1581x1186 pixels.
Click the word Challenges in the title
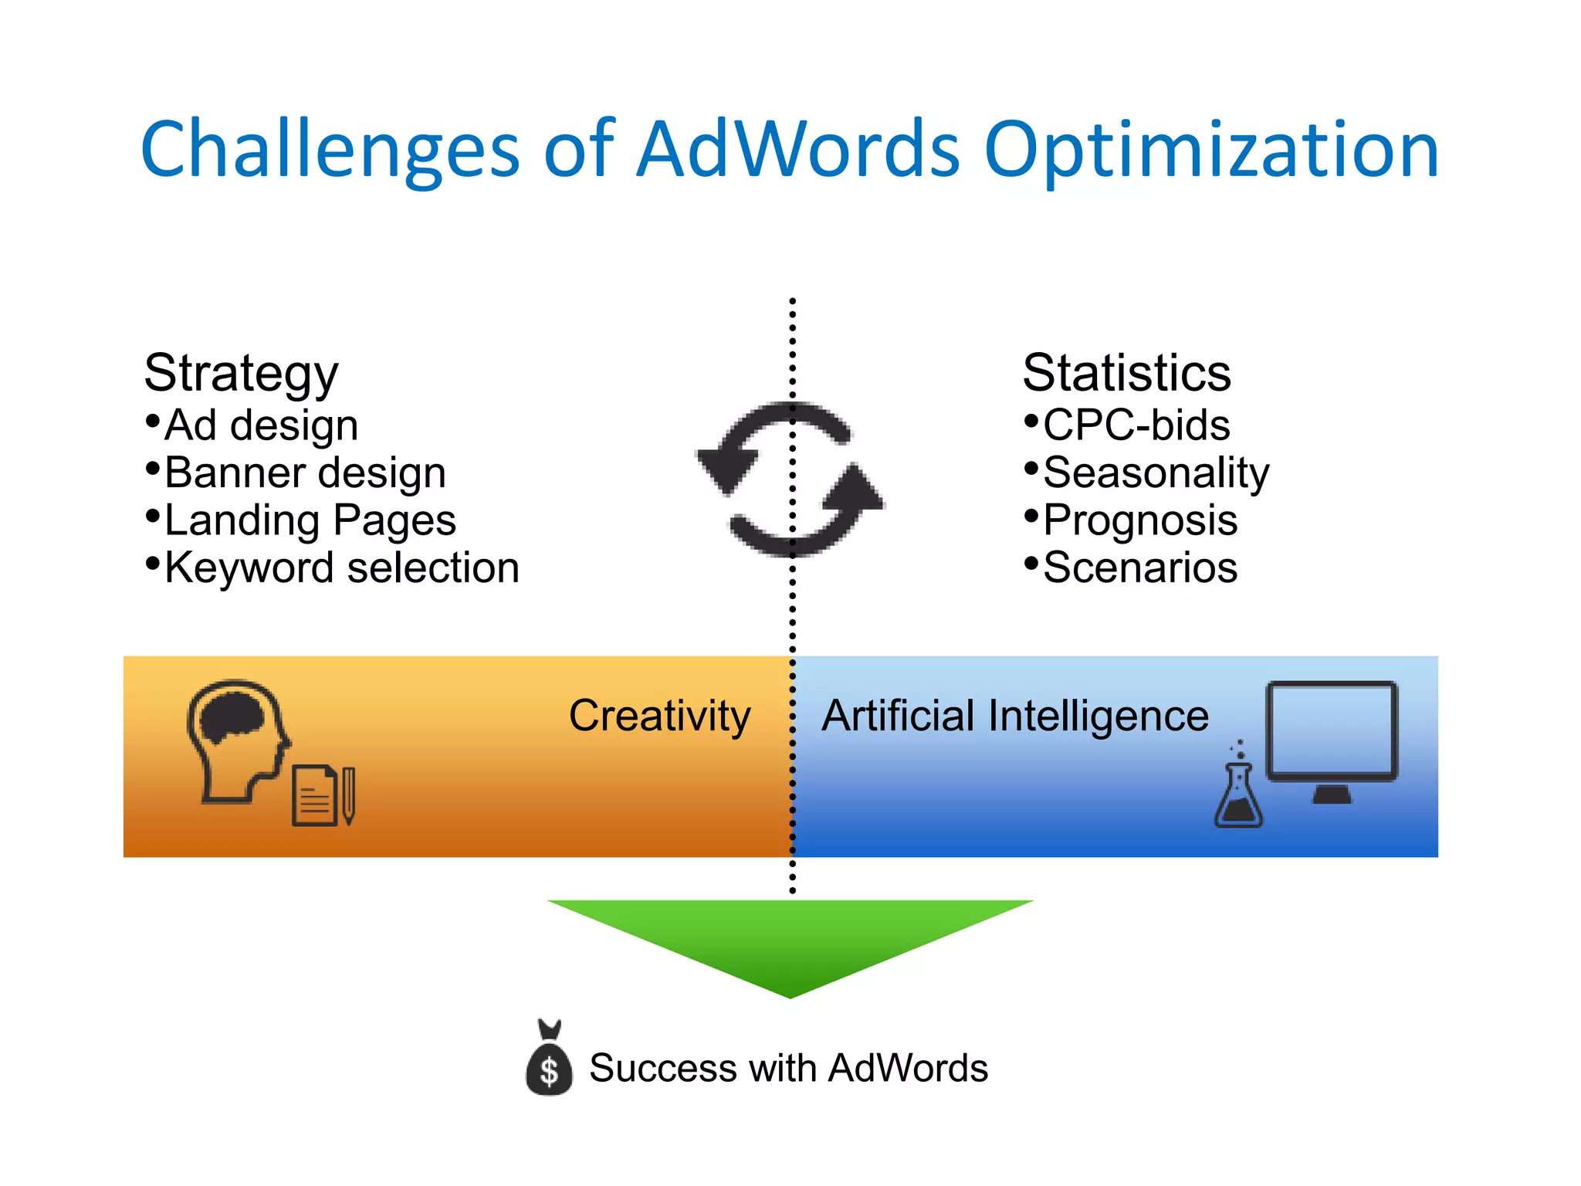click(330, 151)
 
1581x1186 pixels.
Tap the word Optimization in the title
click(1211, 151)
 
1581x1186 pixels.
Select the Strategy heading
click(241, 373)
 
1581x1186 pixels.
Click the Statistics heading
click(1126, 373)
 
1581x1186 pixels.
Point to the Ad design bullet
click(261, 425)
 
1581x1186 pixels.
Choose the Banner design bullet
click(305, 473)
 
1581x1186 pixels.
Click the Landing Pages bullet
click(310, 520)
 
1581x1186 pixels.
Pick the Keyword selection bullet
click(341, 568)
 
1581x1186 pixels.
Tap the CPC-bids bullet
click(1136, 425)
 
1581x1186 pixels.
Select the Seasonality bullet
click(1156, 473)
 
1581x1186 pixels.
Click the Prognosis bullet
click(1140, 520)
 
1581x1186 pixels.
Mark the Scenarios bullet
click(1140, 568)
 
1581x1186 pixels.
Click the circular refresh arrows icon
click(790, 479)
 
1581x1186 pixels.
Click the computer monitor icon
click(1332, 740)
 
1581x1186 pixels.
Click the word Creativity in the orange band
click(659, 716)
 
